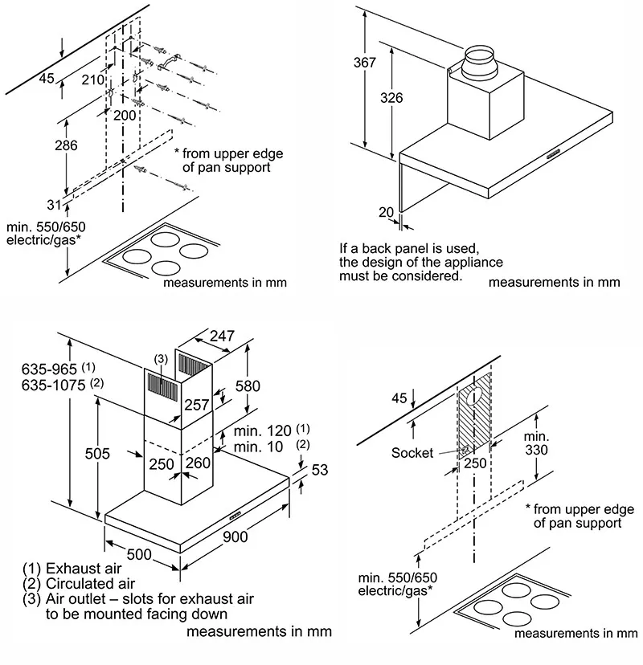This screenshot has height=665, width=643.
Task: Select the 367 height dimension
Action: click(x=365, y=63)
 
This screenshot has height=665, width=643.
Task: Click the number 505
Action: click(x=97, y=454)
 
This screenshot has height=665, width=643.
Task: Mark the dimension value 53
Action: click(x=320, y=471)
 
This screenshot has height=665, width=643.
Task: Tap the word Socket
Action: click(x=412, y=453)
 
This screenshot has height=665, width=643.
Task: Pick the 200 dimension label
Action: click(x=125, y=115)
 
